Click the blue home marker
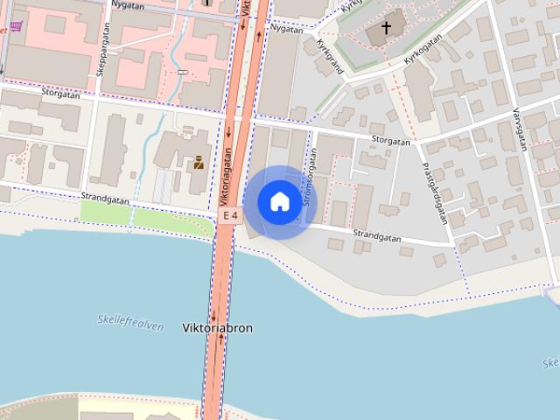coord(279,202)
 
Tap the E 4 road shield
coord(230,214)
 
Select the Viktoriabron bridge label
coord(217,328)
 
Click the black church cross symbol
coord(386,28)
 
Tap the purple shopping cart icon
coord(16,25)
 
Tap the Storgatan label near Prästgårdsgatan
coord(390,140)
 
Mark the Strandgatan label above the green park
coord(105,199)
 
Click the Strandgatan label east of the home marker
coord(377,235)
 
